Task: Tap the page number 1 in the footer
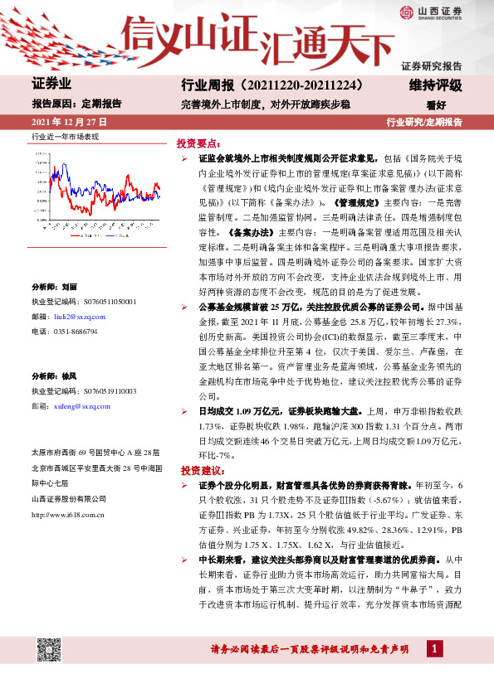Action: tap(435, 647)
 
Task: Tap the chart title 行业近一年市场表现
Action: tap(65, 135)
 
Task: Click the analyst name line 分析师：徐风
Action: tap(54, 376)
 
